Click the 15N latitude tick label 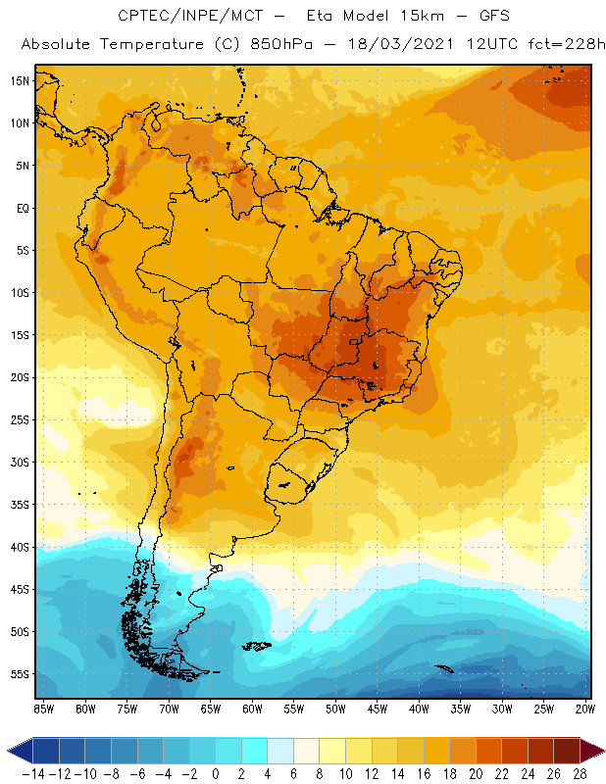[x=19, y=80]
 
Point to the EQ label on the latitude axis [x=20, y=208]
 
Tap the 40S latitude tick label [x=19, y=547]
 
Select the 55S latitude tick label [x=19, y=674]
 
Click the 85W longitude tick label [x=43, y=708]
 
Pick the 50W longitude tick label [x=335, y=708]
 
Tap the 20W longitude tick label [x=586, y=708]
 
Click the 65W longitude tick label [x=210, y=708]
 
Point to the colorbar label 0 [x=215, y=773]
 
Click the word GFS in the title [x=490, y=17]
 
